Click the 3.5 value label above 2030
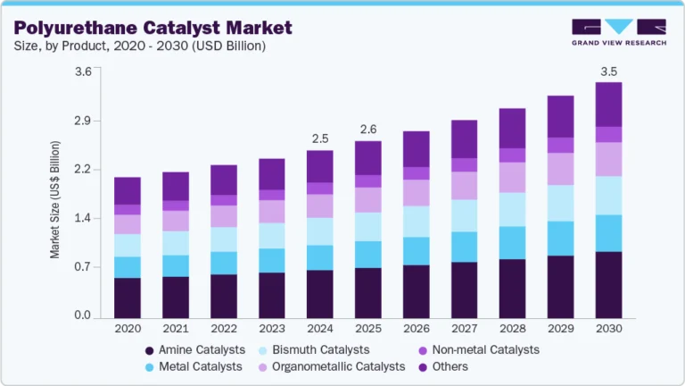coord(608,71)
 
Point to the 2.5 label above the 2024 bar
coord(319,138)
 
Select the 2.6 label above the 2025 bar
coord(367,130)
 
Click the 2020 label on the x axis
coord(127,329)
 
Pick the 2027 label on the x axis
coord(464,329)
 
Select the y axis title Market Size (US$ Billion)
coord(55,199)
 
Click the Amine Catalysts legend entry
coord(202,349)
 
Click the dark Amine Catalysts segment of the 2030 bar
coord(608,284)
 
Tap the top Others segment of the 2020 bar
coord(127,190)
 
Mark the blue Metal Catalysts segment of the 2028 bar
coord(512,242)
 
